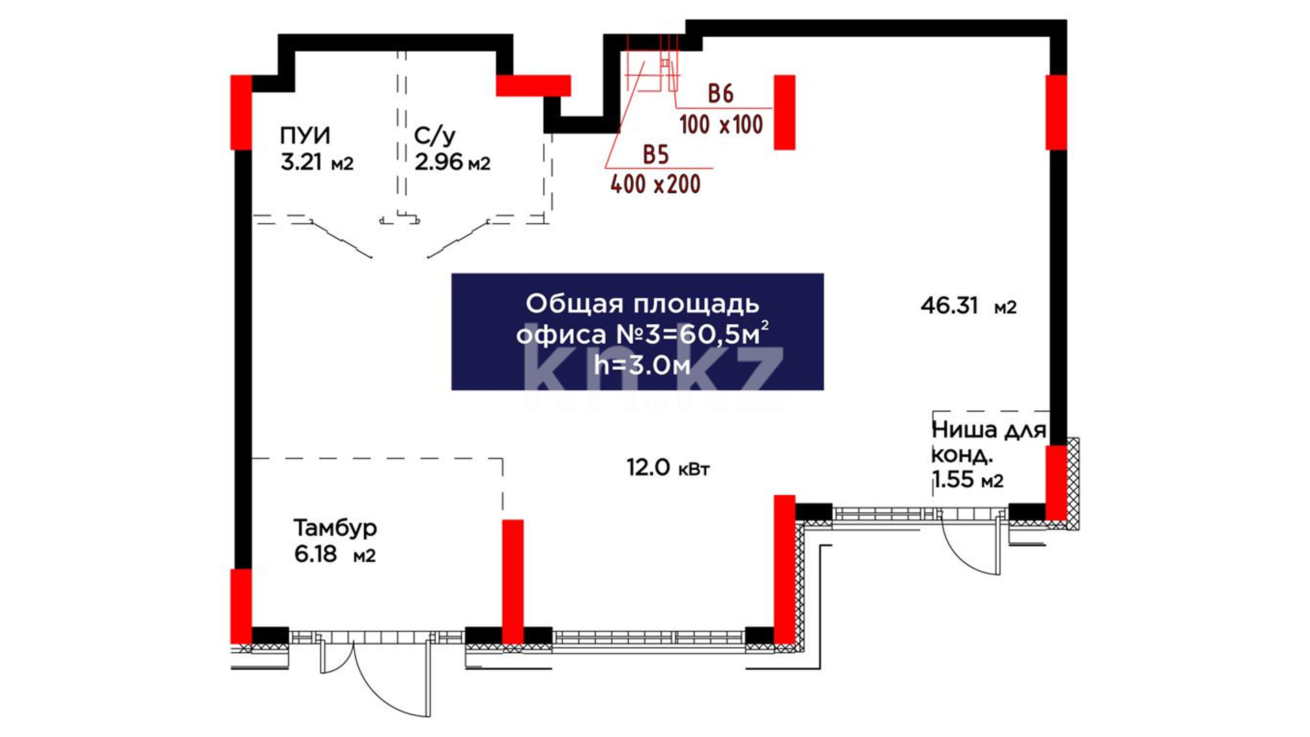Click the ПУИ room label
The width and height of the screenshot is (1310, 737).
click(305, 135)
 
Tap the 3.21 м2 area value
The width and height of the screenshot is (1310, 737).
click(317, 162)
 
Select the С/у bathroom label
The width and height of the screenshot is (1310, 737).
click(434, 135)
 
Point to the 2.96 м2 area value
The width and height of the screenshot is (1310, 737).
click(452, 162)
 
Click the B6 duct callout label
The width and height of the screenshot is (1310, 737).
click(720, 93)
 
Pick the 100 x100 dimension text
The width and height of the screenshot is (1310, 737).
click(721, 125)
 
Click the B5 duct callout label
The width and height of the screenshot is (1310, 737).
click(656, 155)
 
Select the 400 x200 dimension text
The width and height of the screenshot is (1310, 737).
click(655, 184)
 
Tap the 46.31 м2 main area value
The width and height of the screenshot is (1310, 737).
click(968, 306)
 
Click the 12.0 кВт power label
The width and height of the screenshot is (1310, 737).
click(668, 468)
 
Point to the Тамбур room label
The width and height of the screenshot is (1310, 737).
click(335, 528)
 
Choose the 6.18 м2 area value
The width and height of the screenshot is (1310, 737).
click(334, 554)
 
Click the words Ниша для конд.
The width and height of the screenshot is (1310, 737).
click(988, 442)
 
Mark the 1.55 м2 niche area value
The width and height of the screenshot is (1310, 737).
click(967, 480)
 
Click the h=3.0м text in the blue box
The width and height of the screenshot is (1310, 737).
click(642, 366)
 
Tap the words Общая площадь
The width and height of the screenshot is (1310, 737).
click(642, 304)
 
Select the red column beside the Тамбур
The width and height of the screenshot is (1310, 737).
click(513, 580)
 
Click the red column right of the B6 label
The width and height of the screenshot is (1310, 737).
click(784, 112)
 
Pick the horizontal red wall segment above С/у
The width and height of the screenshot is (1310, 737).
click(533, 85)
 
